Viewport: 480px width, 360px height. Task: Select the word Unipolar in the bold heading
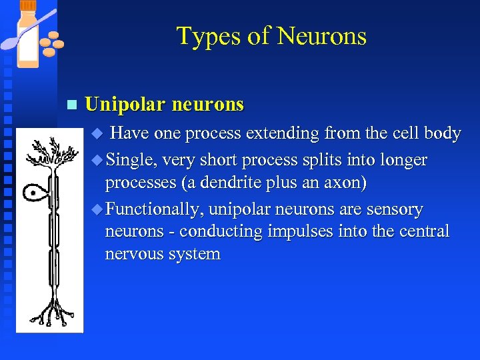(125, 105)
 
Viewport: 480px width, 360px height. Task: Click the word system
(195, 254)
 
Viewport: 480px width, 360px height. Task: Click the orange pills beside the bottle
(51, 43)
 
